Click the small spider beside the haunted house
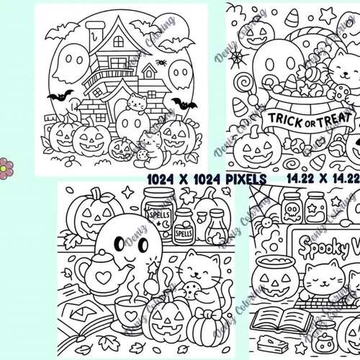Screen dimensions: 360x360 (x=160, y=63)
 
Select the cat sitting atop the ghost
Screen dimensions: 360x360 (x=135, y=104)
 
